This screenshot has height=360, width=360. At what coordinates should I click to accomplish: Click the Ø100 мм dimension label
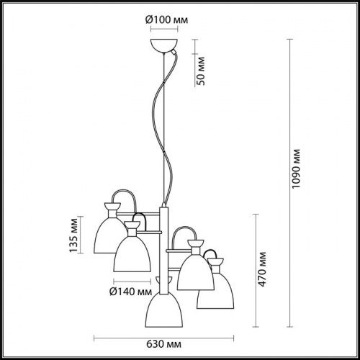pos(166,19)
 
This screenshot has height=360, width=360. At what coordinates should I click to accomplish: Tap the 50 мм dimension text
pos(201,71)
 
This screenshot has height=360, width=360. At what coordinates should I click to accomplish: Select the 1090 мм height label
pos(296,169)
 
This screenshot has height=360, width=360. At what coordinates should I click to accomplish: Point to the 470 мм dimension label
pos(262,269)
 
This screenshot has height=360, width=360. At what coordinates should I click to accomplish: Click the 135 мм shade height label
pos(73,235)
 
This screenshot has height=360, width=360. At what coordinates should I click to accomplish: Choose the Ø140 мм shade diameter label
pos(131,292)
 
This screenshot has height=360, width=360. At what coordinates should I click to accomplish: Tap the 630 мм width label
pos(163,344)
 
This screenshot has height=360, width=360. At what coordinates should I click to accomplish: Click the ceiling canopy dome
pos(164,45)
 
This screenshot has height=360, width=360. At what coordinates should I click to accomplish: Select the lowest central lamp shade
pos(164,310)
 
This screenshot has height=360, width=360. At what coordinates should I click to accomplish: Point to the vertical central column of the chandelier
pos(164,251)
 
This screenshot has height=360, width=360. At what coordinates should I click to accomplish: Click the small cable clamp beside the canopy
pos(174,52)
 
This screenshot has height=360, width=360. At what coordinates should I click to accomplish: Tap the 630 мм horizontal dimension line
pos(163,338)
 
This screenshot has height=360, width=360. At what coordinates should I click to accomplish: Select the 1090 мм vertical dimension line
pos(290,183)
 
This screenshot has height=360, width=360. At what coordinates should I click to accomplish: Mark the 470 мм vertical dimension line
pos(256,271)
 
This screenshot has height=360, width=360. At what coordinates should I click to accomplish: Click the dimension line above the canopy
pos(164,30)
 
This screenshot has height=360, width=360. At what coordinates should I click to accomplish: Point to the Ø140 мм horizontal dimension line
pos(132,281)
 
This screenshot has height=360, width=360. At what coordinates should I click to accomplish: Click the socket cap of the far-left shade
pos(112,206)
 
